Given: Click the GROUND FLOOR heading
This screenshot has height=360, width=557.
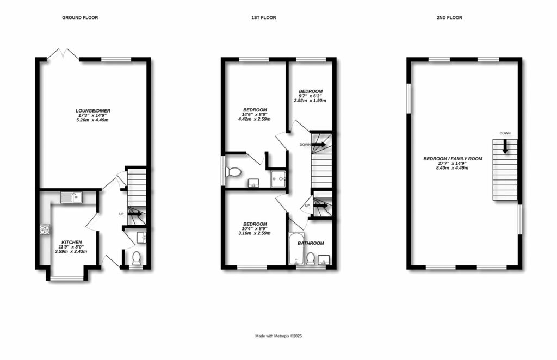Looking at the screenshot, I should pos(80,18).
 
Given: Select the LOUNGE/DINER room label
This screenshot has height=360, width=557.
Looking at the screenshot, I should pos(93,111).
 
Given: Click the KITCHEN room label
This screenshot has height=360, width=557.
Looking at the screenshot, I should pos(71,242).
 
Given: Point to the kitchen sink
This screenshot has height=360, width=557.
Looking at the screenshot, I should pos(71,197).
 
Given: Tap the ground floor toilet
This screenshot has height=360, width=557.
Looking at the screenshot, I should pos(136,258).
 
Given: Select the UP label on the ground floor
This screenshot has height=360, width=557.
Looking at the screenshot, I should pos(121,214).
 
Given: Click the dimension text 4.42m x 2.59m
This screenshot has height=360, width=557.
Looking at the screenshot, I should pos(255,119).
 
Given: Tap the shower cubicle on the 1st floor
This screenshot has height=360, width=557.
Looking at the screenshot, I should pos(279,177).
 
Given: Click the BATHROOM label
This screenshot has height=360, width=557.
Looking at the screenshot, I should pos(311,243).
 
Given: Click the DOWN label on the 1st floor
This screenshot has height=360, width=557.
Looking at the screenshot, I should pos(305,145).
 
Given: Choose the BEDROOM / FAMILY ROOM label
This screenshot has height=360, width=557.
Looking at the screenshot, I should pos(453,159).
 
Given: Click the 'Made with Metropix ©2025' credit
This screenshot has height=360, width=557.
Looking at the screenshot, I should pos(278,336).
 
